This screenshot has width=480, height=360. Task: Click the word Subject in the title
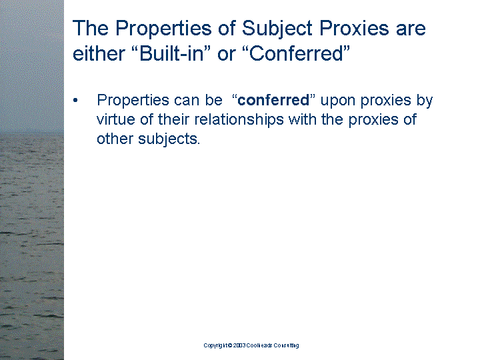(x=277, y=29)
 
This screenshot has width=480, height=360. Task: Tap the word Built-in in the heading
(x=171, y=53)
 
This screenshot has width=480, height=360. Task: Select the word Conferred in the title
(x=296, y=53)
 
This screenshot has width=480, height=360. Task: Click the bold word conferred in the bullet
(x=273, y=100)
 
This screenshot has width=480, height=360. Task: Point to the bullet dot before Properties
(x=75, y=101)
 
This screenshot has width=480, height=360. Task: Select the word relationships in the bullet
(x=239, y=120)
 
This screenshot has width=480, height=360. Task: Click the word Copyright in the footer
(x=215, y=345)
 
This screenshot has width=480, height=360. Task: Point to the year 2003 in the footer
(x=239, y=345)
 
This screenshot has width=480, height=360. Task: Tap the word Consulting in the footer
(x=286, y=345)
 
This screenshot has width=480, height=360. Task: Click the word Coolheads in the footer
(x=259, y=345)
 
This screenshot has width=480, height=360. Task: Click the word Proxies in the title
(x=354, y=28)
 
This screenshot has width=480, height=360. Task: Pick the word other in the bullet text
(x=115, y=139)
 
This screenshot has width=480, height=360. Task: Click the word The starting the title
(x=91, y=28)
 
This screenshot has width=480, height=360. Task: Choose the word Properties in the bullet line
(x=133, y=101)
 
